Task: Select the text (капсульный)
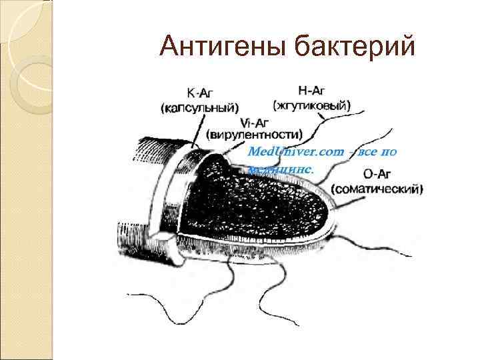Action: pyautogui.click(x=199, y=106)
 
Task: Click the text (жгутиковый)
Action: pyautogui.click(x=311, y=105)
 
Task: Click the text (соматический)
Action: pyautogui.click(x=377, y=189)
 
